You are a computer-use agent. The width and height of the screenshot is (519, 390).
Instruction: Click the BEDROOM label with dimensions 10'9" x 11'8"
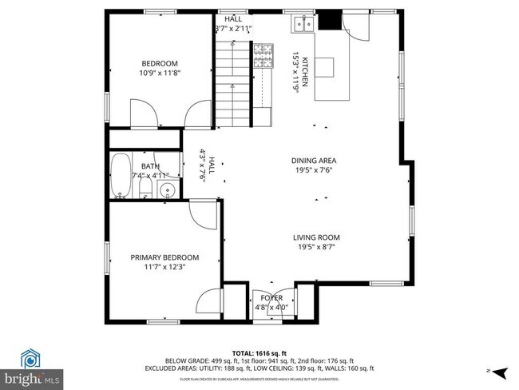160,64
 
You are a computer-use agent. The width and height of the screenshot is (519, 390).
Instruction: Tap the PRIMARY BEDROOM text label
164,257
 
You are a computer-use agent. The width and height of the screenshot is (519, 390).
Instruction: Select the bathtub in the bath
121,174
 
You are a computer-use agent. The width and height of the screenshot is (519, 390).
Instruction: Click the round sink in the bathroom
167,190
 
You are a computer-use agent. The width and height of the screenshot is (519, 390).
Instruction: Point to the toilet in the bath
145,189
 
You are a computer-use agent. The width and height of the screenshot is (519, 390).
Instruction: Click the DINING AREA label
313,161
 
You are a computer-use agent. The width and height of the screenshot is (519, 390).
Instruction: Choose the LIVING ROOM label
316,237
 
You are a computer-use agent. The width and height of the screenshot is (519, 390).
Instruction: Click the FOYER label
271,298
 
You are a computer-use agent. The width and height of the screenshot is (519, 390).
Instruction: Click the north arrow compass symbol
500,372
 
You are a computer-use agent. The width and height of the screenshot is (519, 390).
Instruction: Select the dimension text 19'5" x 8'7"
316,247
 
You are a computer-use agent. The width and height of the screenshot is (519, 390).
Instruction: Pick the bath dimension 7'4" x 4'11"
150,176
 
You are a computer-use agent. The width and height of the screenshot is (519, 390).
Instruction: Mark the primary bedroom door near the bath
204,214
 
